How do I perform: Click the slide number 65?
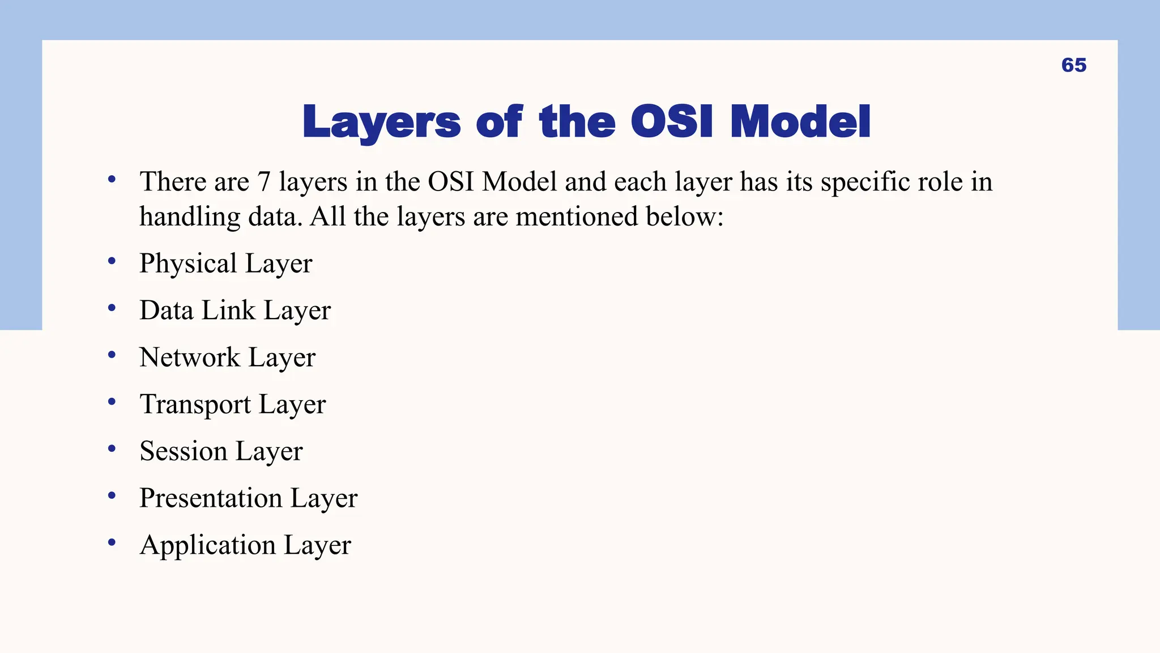[1073, 65]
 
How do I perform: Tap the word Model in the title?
[800, 122]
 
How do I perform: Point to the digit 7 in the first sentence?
[264, 182]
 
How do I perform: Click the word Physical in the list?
[188, 264]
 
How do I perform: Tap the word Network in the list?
[190, 358]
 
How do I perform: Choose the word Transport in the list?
[195, 405]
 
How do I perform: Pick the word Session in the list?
[184, 452]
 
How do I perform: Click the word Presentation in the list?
[211, 498]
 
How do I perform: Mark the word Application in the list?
[207, 545]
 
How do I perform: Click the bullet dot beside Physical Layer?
[112, 261]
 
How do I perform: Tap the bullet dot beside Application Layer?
[112, 542]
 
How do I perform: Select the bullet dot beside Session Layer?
[112, 448]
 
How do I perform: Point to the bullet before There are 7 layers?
[112, 180]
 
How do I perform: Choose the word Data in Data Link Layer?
[167, 311]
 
